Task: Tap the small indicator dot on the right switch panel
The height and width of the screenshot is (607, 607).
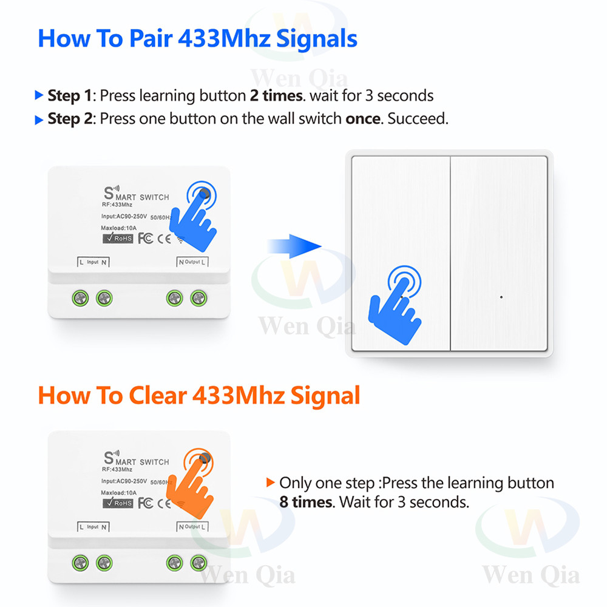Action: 501,297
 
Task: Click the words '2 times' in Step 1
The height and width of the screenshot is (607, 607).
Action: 276,96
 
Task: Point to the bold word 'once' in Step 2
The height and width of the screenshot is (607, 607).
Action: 362,118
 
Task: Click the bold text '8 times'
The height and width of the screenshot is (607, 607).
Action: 306,502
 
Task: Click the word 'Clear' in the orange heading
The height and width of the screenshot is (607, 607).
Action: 156,396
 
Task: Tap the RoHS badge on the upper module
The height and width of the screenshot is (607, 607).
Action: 118,238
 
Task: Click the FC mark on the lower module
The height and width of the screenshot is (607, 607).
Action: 145,503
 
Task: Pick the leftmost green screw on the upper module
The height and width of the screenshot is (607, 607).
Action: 80,297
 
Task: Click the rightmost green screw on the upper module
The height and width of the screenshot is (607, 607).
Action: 198,297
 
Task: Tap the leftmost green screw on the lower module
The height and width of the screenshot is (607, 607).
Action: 80,562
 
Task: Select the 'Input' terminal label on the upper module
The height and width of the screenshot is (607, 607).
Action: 92,262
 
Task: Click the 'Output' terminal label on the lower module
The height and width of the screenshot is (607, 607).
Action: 192,527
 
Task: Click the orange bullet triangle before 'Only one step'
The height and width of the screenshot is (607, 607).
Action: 271,483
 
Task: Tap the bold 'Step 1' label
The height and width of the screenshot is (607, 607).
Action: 70,96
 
